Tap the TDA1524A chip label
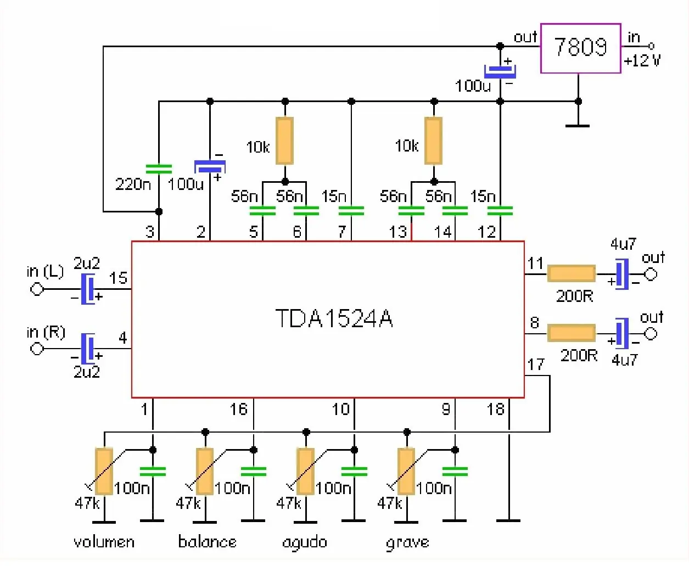(334, 318)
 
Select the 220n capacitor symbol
(159, 169)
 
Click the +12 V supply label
(642, 60)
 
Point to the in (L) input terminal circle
(37, 289)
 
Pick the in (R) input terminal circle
(37, 349)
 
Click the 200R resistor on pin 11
(572, 274)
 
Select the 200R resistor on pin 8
(572, 333)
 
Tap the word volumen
(104, 542)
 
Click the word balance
(207, 542)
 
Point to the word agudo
(305, 543)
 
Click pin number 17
(536, 365)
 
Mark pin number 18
(495, 409)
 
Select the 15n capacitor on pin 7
(351, 211)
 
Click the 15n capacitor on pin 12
(500, 211)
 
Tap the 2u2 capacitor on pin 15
(88, 289)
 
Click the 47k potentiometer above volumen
(104, 471)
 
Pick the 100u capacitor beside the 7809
(500, 71)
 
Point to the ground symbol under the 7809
(578, 126)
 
